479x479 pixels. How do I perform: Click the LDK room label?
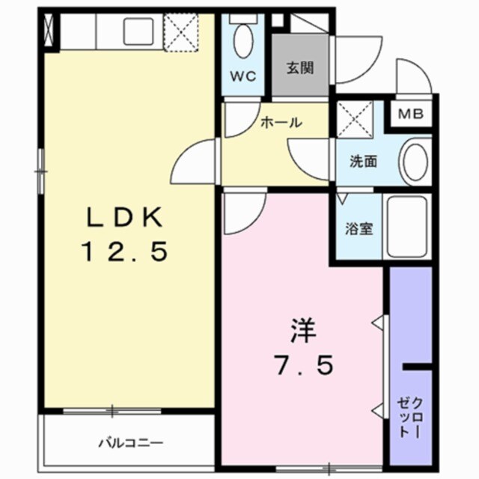(x=125, y=217)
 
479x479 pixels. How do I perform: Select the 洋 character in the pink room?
(x=302, y=330)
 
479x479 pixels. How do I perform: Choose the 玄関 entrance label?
(x=299, y=67)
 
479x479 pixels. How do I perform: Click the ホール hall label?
(x=281, y=122)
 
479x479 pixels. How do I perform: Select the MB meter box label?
(x=410, y=115)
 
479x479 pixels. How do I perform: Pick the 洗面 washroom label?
(x=363, y=159)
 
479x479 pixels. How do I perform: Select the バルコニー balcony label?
(x=131, y=442)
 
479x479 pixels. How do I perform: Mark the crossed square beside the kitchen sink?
(x=180, y=32)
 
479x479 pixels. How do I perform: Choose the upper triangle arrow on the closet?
(x=381, y=324)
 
